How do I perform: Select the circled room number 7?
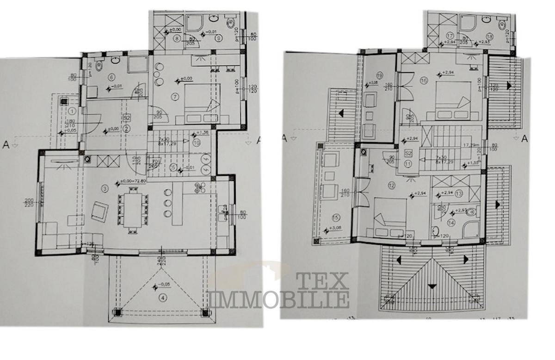(x=174, y=97)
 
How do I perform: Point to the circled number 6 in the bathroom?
(x=111, y=77)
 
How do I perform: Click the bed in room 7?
(x=201, y=108)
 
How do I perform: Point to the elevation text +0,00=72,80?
(x=134, y=181)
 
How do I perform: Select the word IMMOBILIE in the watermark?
(x=279, y=299)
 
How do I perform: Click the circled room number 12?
(x=392, y=186)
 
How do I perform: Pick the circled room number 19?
(x=380, y=75)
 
